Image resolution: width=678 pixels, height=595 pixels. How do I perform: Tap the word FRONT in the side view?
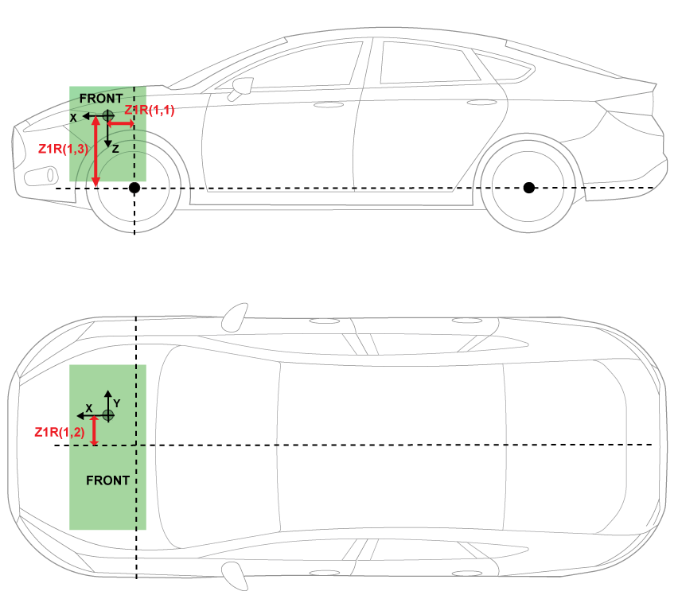pos(101,98)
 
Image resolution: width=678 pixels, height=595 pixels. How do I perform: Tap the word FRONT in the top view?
pos(107,480)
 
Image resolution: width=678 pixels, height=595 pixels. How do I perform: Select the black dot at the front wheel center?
pos(134,188)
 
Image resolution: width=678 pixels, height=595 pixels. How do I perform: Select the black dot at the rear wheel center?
pos(528,188)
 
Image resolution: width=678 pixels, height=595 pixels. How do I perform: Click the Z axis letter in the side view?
pos(115,149)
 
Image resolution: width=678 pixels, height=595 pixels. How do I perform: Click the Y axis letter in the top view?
pos(116,403)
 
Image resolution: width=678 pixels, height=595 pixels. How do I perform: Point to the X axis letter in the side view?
pos(73,117)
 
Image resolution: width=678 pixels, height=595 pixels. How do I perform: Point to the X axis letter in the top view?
pos(89,406)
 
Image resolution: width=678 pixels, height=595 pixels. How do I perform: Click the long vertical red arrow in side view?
pos(95,151)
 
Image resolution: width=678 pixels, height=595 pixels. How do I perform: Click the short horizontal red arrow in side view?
pos(121,124)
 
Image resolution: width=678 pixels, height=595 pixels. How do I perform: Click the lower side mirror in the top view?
pos(233,574)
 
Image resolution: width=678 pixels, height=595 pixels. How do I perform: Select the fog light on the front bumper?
pos(41,175)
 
